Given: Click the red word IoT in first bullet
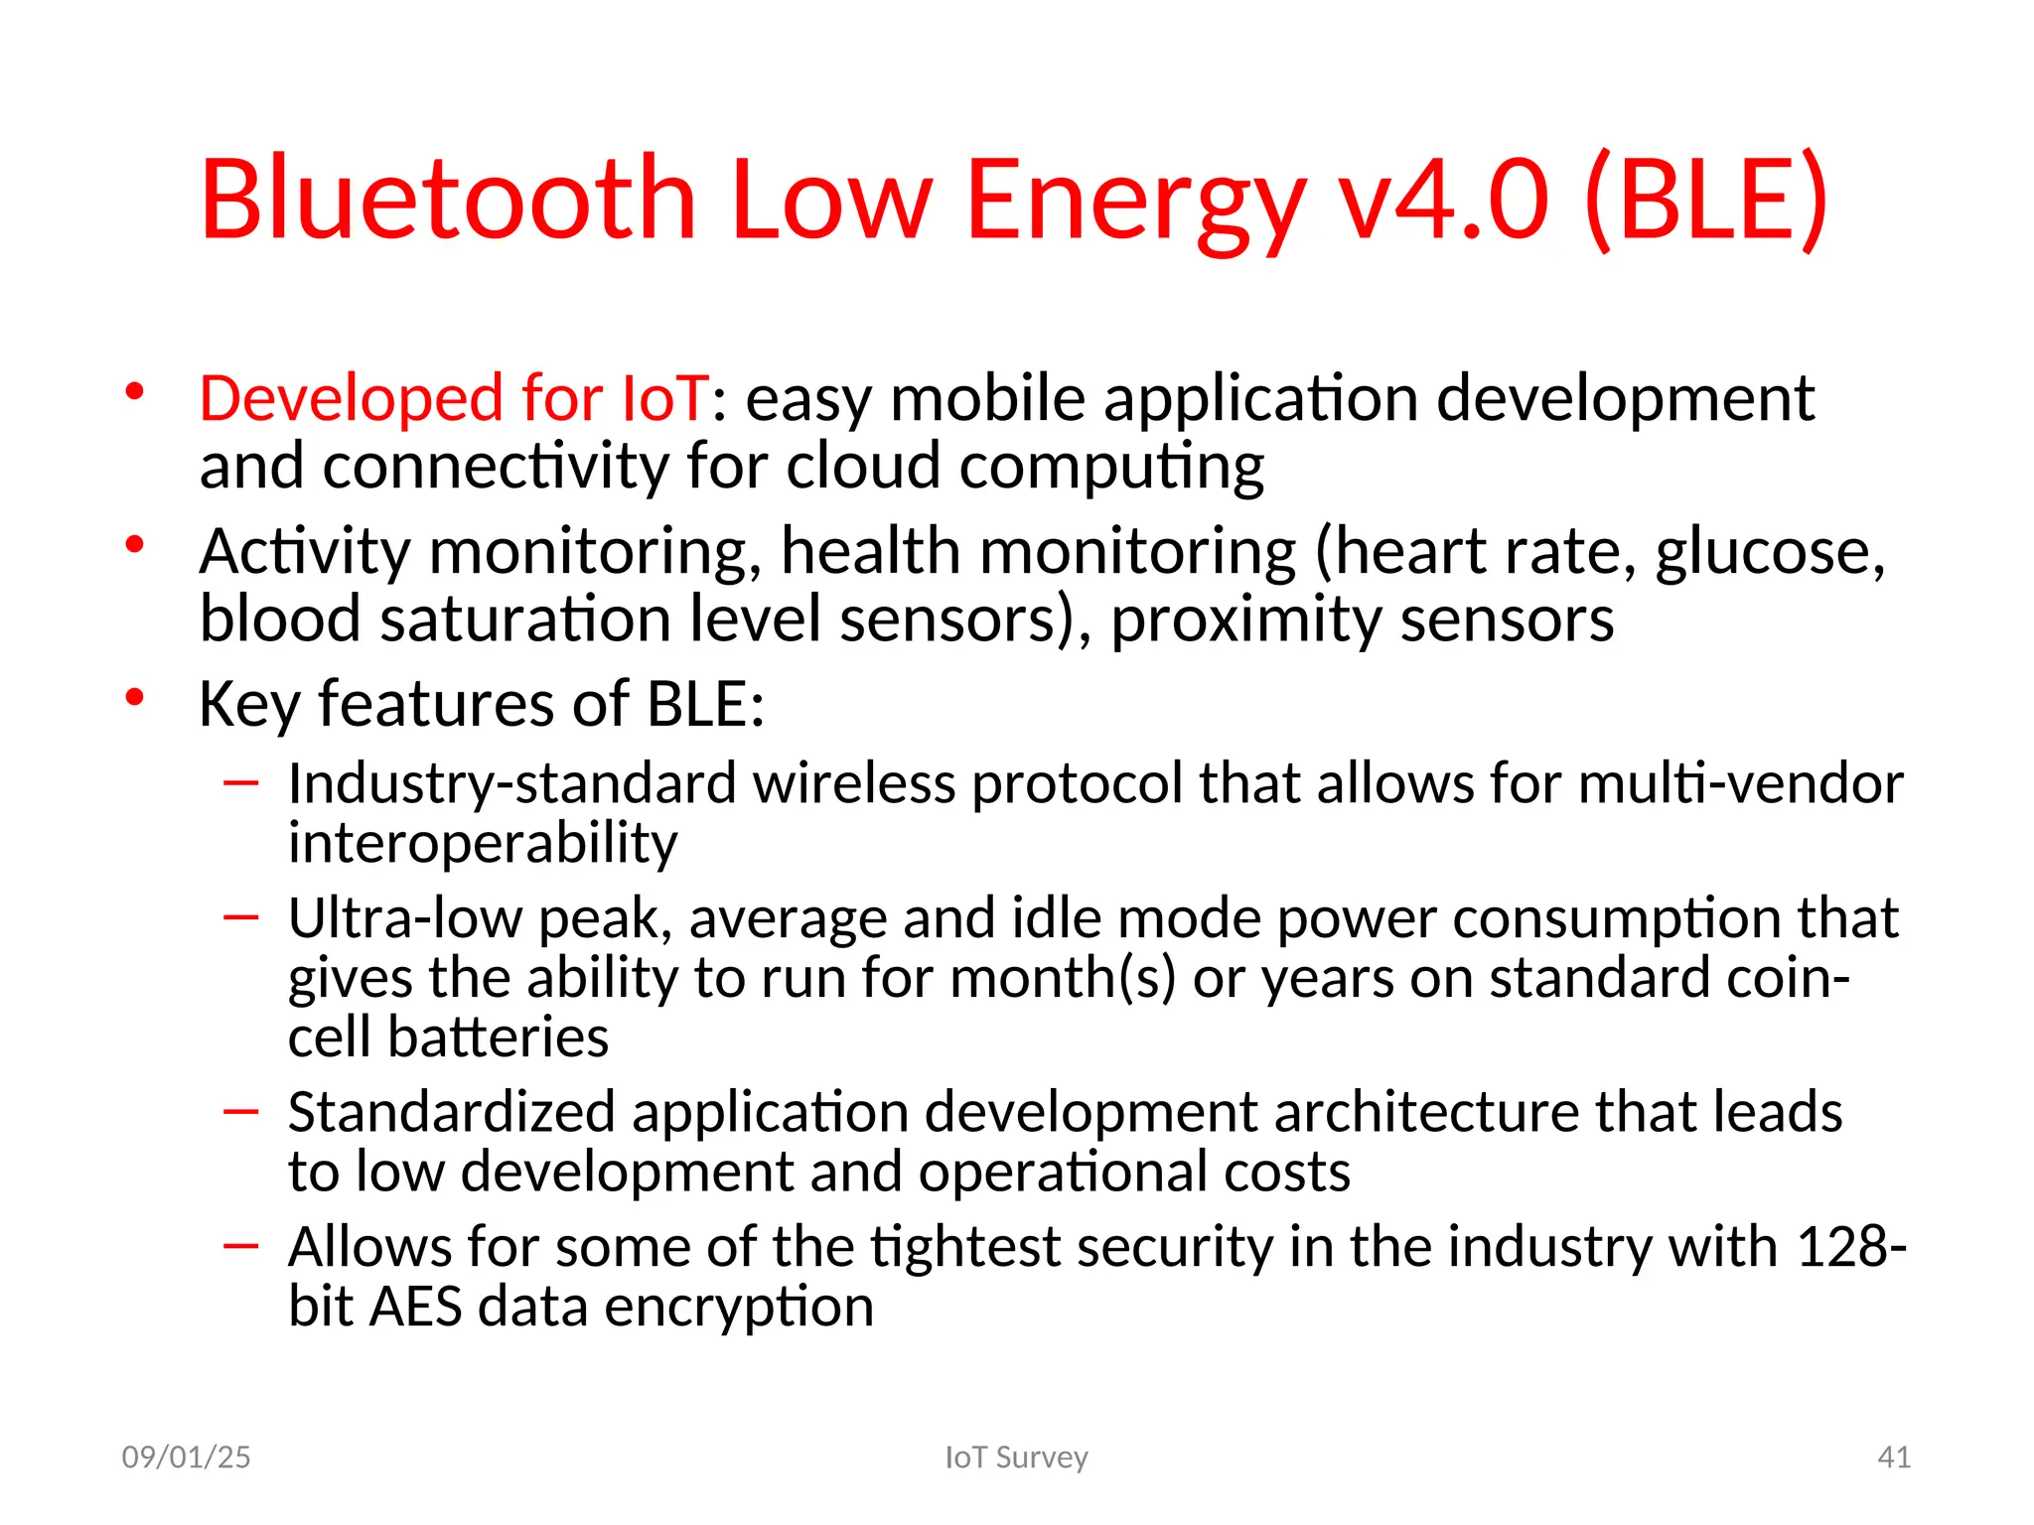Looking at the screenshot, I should [664, 398].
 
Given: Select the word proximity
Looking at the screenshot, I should [1245, 620].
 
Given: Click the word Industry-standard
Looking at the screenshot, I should [512, 783].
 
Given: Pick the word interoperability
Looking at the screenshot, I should [483, 843].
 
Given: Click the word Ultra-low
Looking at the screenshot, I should [405, 918].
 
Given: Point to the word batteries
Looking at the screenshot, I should [498, 1038].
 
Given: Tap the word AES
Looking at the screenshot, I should [415, 1307].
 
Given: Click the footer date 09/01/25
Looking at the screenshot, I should [186, 1456].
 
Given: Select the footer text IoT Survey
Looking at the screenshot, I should [1016, 1456].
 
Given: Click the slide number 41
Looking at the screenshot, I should [1894, 1456].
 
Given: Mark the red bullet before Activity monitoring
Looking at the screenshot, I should [135, 544].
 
